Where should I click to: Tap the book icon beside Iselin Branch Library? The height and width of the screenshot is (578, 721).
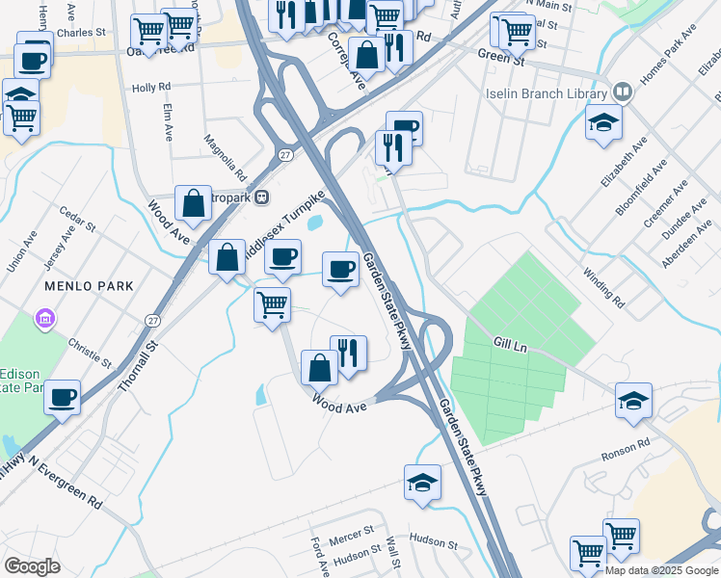pyautogui.click(x=623, y=92)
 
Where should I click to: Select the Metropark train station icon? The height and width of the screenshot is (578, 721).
pyautogui.click(x=261, y=197)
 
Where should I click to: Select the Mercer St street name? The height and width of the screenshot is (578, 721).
pyautogui.click(x=351, y=532)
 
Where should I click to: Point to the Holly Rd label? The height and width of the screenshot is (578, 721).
pyautogui.click(x=150, y=88)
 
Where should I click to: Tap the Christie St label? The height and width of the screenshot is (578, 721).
pyautogui.click(x=92, y=352)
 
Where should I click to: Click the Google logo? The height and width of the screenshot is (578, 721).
pyautogui.click(x=33, y=565)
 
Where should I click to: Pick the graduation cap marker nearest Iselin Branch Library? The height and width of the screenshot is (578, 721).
pyautogui.click(x=603, y=122)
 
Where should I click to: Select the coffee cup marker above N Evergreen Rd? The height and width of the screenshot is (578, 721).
pyautogui.click(x=62, y=398)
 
